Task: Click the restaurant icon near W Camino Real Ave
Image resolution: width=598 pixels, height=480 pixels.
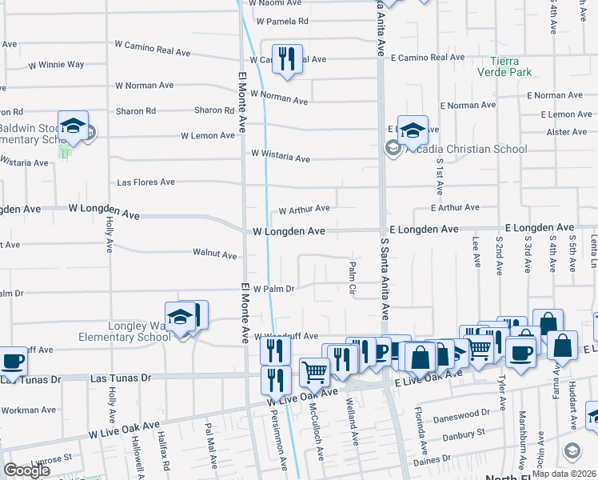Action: [x=287, y=60]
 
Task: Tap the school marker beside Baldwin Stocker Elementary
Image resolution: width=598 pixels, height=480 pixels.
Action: [x=73, y=127]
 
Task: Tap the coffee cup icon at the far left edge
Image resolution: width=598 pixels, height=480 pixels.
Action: [x=12, y=361]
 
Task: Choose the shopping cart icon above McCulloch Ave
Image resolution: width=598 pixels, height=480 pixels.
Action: [x=315, y=371]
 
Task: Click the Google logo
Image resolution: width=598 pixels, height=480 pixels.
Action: [x=26, y=470]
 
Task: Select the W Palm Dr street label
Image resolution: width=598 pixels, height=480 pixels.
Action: [x=274, y=289]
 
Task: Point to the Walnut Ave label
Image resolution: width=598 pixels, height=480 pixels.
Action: [x=214, y=254]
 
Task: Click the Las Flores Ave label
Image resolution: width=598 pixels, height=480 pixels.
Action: [x=146, y=182]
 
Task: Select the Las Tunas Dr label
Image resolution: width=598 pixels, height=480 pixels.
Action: [x=121, y=377]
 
